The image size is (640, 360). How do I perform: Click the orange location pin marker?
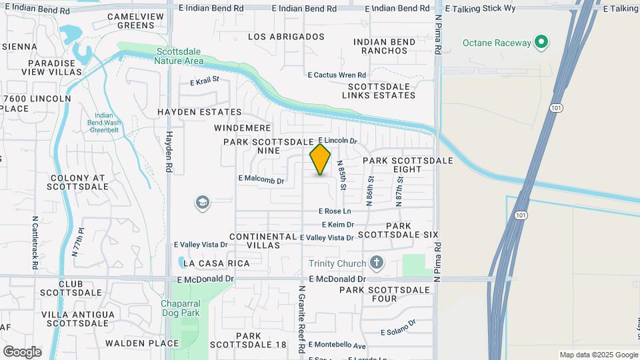point(320,159)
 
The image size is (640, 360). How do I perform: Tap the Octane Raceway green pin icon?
point(541,43)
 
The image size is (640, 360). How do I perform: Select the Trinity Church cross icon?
point(376,262)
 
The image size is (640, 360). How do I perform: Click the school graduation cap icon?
point(202,202)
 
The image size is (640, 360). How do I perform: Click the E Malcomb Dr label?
point(261,180)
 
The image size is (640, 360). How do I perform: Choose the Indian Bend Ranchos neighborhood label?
point(385,47)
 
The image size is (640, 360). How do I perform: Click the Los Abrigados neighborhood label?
point(286,37)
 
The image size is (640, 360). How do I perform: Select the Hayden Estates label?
point(199,112)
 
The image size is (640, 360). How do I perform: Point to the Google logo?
point(22,351)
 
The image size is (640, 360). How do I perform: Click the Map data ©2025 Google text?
point(598,355)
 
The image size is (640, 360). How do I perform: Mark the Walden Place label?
point(142,343)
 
